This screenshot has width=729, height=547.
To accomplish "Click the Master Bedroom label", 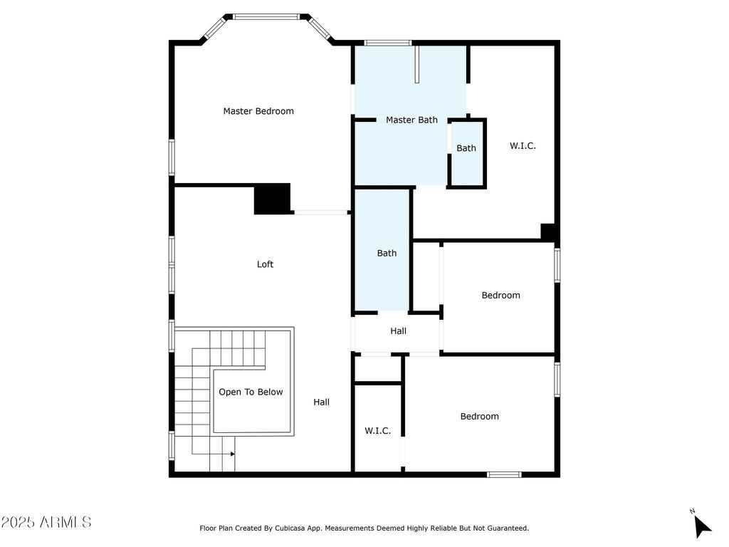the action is pos(258,111).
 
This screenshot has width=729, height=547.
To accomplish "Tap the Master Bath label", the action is pos(411,120).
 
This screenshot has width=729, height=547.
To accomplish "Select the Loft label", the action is pos(265,264).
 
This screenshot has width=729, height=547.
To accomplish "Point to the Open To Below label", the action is pos(251,392).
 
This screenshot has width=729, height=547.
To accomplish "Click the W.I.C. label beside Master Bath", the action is pos(523,146).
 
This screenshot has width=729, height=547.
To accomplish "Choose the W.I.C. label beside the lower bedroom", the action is pos(377,431).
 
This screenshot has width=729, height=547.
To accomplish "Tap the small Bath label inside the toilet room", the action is pos(466,148).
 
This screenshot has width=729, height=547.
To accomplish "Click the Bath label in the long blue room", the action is pos(387,253).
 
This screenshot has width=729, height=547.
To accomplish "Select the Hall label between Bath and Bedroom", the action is pos(398,331).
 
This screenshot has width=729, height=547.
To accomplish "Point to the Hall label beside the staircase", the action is pos(321,402).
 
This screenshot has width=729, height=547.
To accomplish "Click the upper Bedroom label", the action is pos(500,296).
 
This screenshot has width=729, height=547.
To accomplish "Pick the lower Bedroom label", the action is pos(479,416).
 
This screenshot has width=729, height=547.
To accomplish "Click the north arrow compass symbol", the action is pos(701,525).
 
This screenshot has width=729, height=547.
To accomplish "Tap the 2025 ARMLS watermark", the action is pos(46,522).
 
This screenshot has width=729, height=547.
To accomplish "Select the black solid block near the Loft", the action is pos(273,199).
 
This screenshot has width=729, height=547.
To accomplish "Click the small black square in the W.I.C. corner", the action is pos(548,232).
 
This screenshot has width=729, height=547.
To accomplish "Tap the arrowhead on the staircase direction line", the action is pos(233,454).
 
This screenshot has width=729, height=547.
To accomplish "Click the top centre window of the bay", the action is pos(266,17).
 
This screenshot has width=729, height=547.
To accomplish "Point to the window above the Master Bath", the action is pos(388,43).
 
